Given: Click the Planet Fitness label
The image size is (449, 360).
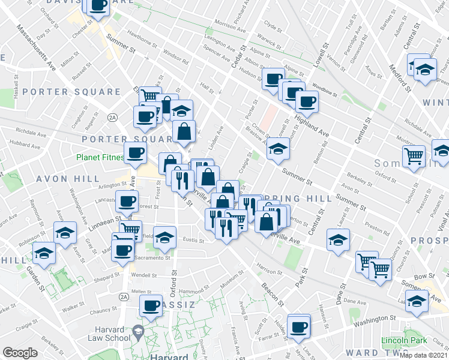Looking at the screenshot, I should pos(100,158).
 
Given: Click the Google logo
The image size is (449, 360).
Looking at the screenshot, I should pos(20,353).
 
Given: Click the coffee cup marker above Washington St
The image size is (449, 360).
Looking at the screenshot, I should pos(298,327).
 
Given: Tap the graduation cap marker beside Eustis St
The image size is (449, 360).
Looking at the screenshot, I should pos(164,238).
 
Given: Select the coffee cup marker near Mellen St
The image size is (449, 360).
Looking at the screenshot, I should pos(150,307).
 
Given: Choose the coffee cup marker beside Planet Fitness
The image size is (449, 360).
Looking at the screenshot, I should pos(135,153).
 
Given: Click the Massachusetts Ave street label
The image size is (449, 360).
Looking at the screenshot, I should pos(36,47).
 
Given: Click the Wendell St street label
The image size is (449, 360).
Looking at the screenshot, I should pos(143,275).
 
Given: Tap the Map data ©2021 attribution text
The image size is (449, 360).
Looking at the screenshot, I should pos(424,355).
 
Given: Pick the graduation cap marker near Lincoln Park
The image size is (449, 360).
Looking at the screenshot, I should pos(416,301).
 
